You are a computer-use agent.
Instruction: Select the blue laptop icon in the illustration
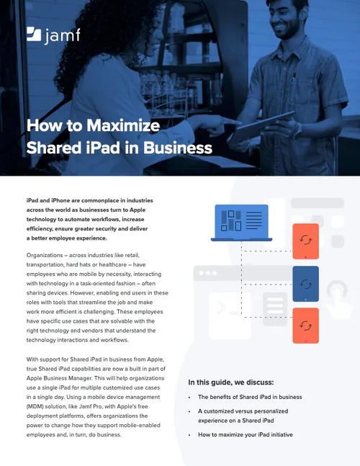coord(241,223)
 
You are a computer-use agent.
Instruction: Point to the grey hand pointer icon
coord(337,295)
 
